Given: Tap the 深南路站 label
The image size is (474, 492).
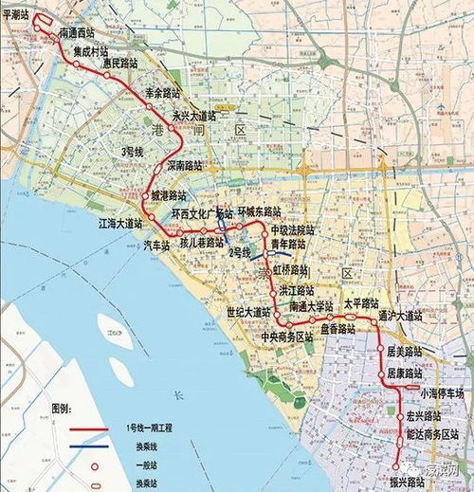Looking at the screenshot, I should [x=186, y=164].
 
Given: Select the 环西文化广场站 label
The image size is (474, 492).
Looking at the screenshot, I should [x=202, y=214].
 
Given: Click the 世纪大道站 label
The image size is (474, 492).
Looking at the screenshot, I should [x=247, y=312].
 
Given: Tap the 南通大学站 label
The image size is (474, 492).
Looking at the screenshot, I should [x=312, y=305].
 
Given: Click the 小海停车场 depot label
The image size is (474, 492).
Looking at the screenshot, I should [x=441, y=392].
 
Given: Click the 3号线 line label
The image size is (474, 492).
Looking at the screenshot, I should [x=124, y=152].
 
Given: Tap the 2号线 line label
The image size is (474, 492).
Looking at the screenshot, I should [x=238, y=252].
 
